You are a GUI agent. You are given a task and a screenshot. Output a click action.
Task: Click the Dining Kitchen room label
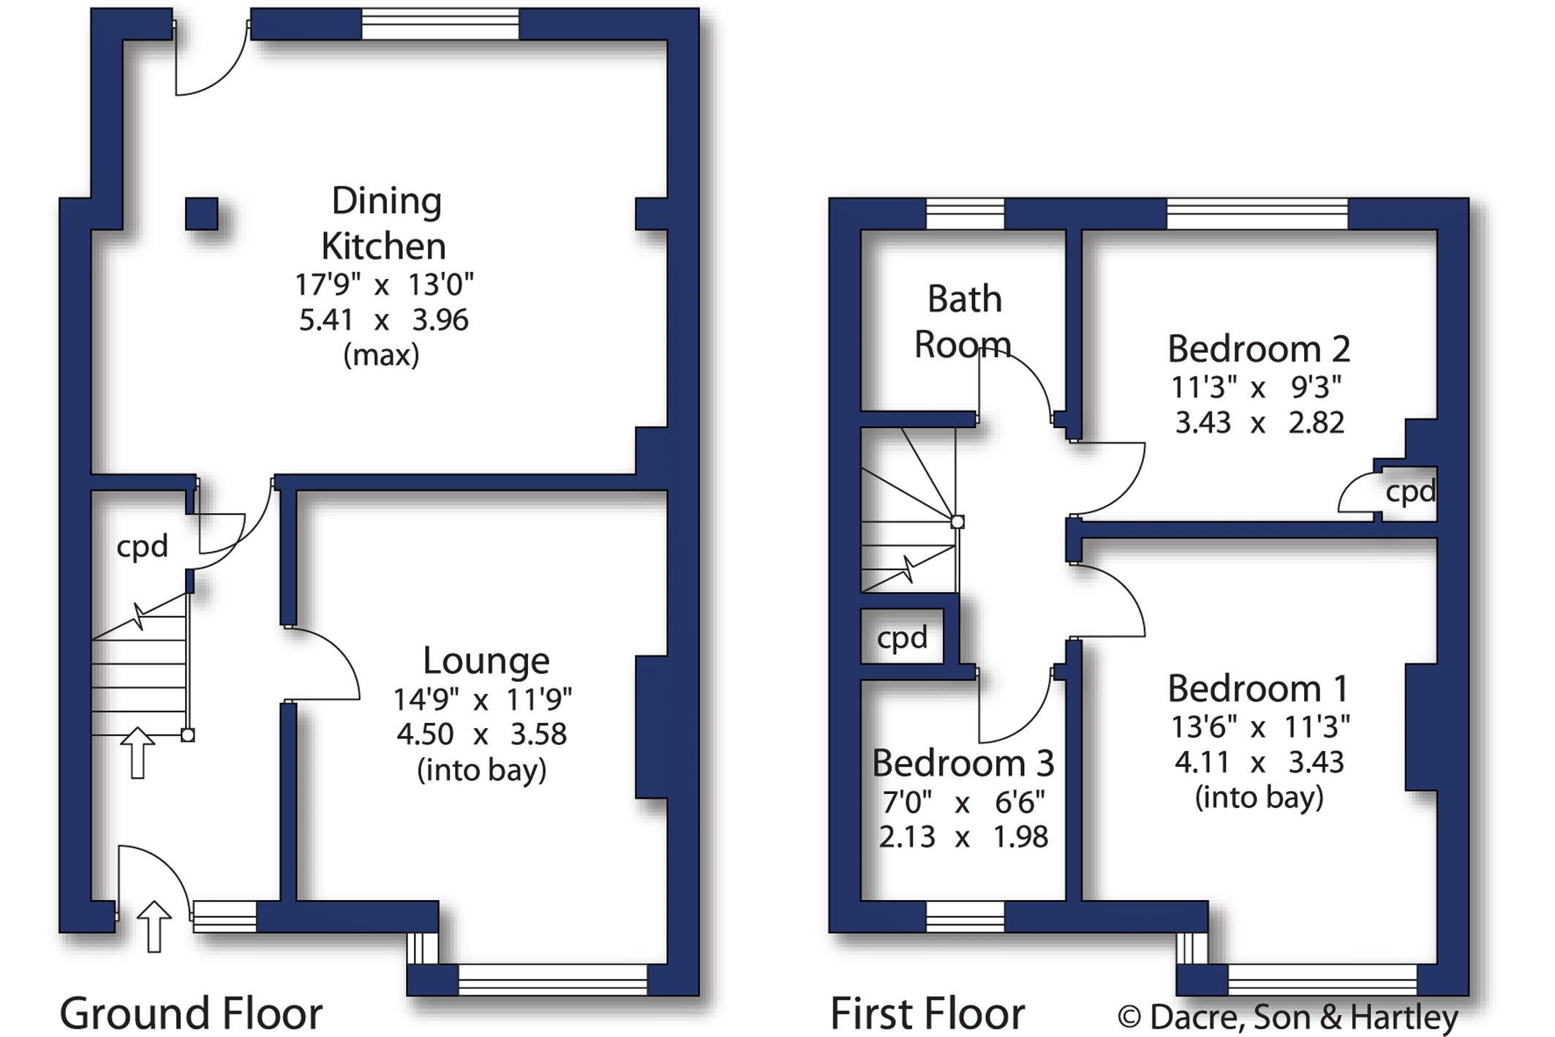point(383,222)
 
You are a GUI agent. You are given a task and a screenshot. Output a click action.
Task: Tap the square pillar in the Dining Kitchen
point(201,214)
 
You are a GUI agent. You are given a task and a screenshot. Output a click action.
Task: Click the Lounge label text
point(486,661)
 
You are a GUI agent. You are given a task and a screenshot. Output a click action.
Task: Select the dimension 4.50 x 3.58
point(481,733)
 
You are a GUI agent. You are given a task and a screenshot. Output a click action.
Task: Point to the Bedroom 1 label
point(1257,688)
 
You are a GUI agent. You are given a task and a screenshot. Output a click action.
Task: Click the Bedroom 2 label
point(1258,348)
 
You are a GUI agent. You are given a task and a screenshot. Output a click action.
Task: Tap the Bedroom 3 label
point(963,763)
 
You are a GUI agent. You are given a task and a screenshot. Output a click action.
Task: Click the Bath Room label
point(964,321)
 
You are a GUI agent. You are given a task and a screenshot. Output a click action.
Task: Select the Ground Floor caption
point(191,1014)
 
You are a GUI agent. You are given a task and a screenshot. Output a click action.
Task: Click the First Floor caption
point(927,1014)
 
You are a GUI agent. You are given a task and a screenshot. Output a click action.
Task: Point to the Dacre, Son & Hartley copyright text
point(1288,1017)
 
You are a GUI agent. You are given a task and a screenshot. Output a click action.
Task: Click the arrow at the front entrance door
point(154,926)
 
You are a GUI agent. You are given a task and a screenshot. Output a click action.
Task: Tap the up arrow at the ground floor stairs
point(138,752)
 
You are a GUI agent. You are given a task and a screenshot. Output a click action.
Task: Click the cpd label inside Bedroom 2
point(1410,492)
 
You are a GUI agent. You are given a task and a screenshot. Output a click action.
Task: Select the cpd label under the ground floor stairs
point(142,547)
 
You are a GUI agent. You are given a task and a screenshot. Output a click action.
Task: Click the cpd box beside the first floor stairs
point(902,637)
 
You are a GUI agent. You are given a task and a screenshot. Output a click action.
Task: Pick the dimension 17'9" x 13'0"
point(384,284)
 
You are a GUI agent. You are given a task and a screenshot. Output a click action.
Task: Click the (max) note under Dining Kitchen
point(381,356)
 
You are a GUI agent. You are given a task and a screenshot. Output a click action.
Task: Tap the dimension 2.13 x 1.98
point(963,836)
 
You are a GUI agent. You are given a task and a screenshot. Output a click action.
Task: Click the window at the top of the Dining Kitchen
point(440,23)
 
